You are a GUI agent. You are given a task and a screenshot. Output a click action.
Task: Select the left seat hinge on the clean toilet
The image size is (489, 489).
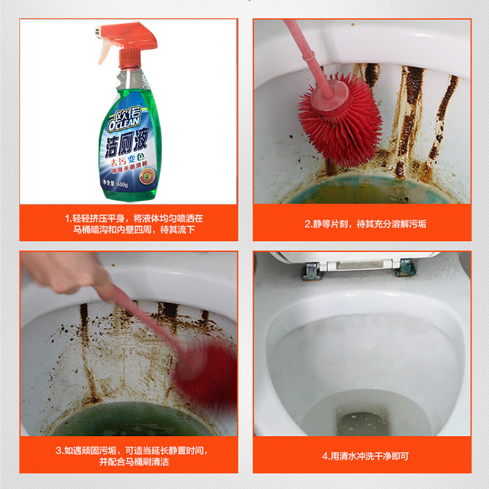click(x=311, y=270)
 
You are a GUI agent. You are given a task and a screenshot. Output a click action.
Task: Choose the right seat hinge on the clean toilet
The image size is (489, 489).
click(x=404, y=268)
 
